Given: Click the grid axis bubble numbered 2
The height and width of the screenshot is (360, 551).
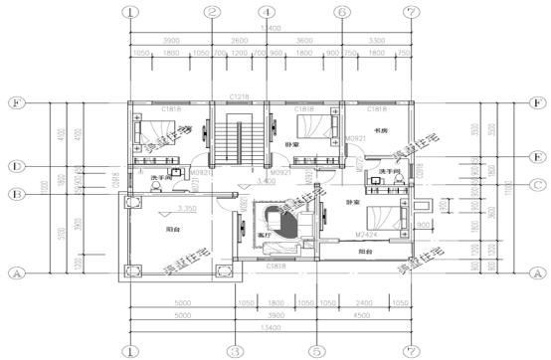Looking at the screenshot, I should click(x=212, y=13).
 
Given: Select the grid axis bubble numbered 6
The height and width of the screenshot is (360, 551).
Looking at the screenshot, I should click(x=341, y=13).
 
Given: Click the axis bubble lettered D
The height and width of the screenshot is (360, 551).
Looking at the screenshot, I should click(x=16, y=165).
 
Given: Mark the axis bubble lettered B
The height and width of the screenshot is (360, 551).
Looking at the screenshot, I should click(x=16, y=194).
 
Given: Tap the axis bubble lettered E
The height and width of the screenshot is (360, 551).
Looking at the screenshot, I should click(x=536, y=156).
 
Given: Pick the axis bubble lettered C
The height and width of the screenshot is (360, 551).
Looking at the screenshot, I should click(x=536, y=184).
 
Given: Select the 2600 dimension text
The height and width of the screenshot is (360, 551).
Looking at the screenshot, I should click(x=239, y=41).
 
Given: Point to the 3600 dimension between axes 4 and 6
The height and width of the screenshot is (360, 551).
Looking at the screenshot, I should click(x=303, y=41).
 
